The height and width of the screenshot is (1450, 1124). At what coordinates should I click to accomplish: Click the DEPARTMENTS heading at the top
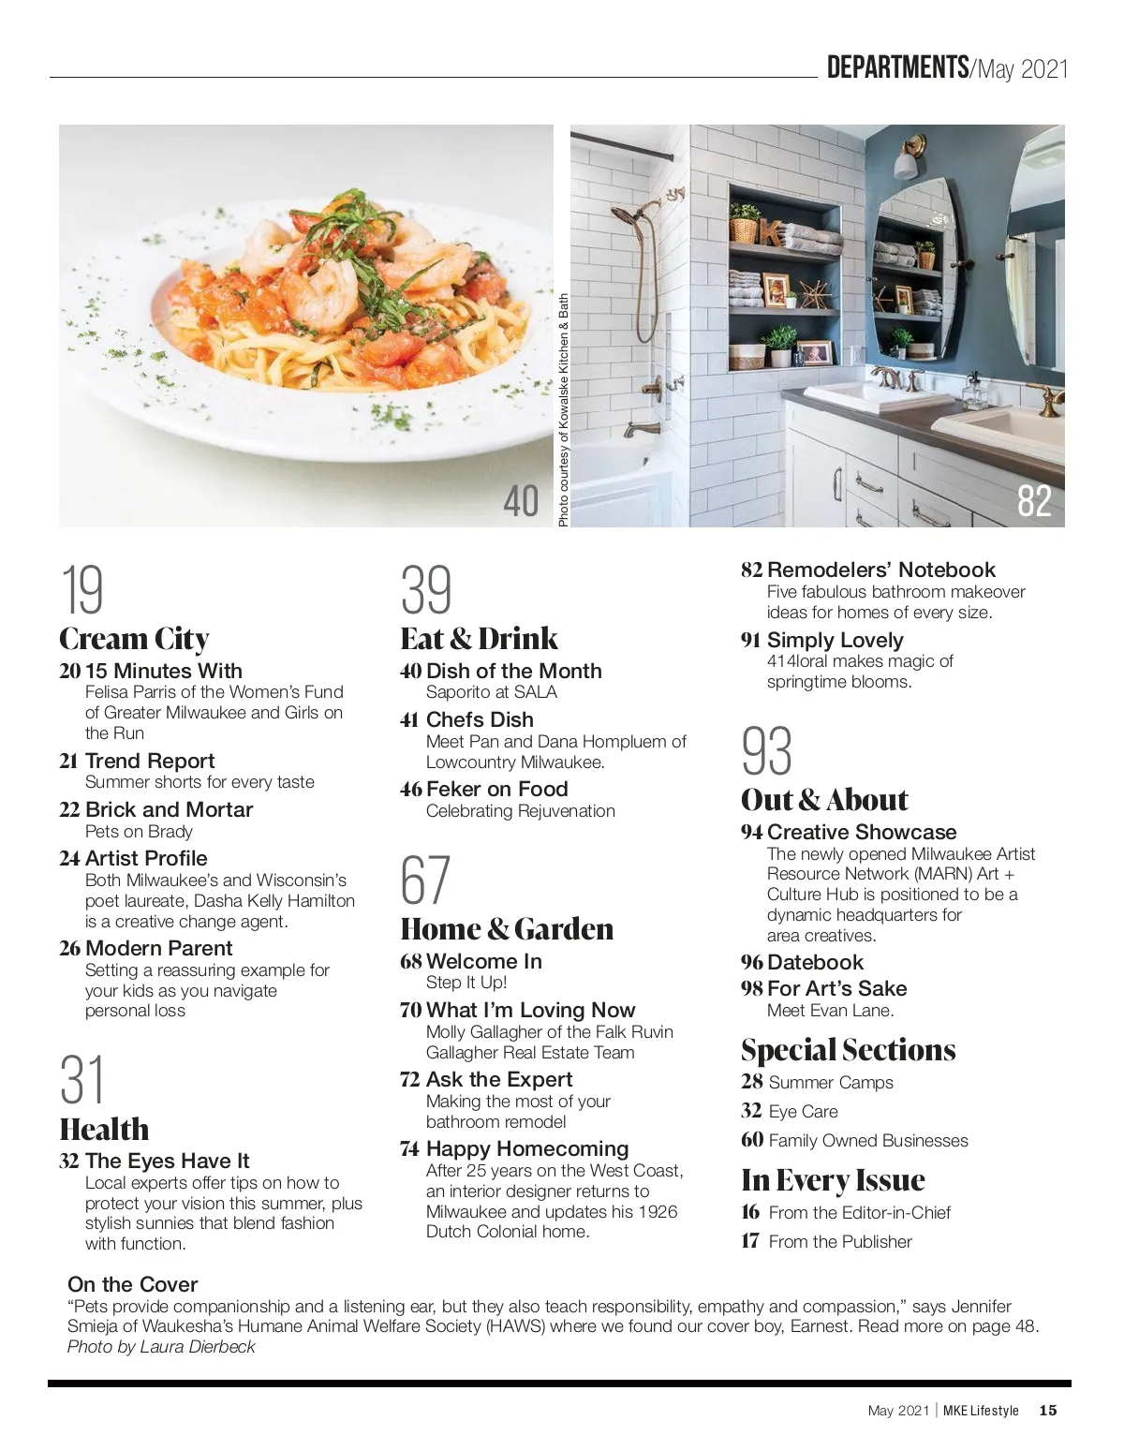click(896, 67)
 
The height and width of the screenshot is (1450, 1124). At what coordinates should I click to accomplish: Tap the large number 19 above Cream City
click(82, 589)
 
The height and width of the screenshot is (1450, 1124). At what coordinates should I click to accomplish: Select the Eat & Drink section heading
click(479, 639)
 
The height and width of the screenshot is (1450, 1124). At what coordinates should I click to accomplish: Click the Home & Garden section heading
click(507, 929)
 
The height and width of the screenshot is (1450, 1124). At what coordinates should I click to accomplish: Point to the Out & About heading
click(824, 800)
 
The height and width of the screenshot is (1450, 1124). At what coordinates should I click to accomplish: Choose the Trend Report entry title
click(150, 761)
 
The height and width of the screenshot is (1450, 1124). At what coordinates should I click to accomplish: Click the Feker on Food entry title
click(496, 789)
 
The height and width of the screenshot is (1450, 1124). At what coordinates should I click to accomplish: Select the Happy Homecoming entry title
click(526, 1148)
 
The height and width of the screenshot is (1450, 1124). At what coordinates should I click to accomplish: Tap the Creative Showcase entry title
click(862, 832)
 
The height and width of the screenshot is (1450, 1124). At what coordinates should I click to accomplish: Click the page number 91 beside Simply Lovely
click(750, 641)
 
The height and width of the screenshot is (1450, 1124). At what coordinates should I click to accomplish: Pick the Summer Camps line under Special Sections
click(830, 1083)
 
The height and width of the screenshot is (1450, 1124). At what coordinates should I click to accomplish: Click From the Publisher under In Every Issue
click(839, 1242)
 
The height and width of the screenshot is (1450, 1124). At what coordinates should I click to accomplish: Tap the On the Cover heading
click(133, 1284)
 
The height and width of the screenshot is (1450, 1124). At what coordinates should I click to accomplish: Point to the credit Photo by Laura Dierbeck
click(161, 1347)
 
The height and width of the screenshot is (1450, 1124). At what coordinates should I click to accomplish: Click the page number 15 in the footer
click(1047, 1411)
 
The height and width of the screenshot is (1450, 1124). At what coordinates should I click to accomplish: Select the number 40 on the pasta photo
click(521, 500)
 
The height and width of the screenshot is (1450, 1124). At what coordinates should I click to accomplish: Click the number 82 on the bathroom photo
click(1034, 500)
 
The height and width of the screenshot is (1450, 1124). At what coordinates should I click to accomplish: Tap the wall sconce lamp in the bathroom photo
click(906, 157)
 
